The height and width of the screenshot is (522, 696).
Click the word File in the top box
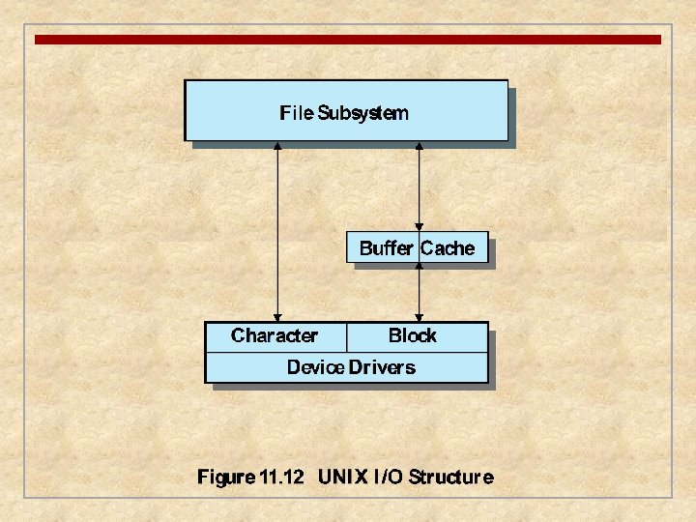pos(296,113)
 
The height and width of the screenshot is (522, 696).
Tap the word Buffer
pos(386,248)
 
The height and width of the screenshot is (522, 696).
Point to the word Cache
pos(448,248)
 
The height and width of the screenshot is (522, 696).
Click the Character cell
pos(275,336)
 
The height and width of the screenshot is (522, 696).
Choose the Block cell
pos(413,336)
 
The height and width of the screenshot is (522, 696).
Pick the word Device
pos(315,367)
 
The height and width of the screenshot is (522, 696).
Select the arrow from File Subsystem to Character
pos(277,232)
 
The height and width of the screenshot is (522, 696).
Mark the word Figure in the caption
pos(227,477)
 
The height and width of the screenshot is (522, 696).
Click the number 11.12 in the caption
pos(282,477)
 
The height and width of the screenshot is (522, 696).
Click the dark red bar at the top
pos(348,40)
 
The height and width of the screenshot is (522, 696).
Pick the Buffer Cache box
pos(418,247)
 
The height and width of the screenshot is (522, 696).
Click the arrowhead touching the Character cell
pos(277,317)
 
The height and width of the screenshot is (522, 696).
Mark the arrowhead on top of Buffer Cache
pos(419,227)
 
